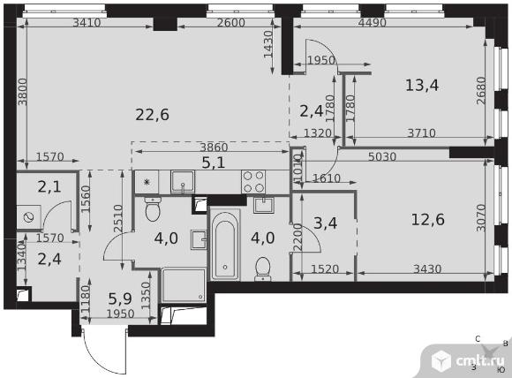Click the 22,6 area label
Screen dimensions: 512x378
[x=152, y=115]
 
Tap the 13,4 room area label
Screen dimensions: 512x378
[x=422, y=86]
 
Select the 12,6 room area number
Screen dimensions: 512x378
[x=427, y=220]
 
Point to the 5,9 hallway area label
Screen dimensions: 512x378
[x=120, y=299]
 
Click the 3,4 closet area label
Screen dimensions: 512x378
[x=325, y=223]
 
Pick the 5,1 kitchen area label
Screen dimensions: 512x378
[x=214, y=163]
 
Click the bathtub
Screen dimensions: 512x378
[x=225, y=245]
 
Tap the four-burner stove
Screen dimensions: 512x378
[x=253, y=181]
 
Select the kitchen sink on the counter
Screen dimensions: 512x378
[x=183, y=182]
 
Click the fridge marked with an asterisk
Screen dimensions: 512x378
[x=147, y=182]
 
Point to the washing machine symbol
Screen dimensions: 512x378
[x=29, y=217]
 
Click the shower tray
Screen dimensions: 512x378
[x=184, y=285]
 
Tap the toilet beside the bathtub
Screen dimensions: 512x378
[x=263, y=269]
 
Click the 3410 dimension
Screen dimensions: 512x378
[x=87, y=23]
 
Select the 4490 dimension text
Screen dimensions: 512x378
[x=372, y=23]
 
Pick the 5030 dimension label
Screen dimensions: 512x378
[x=382, y=157]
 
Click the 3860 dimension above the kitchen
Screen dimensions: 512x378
[x=214, y=147]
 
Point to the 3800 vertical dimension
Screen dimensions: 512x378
[x=23, y=92]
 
